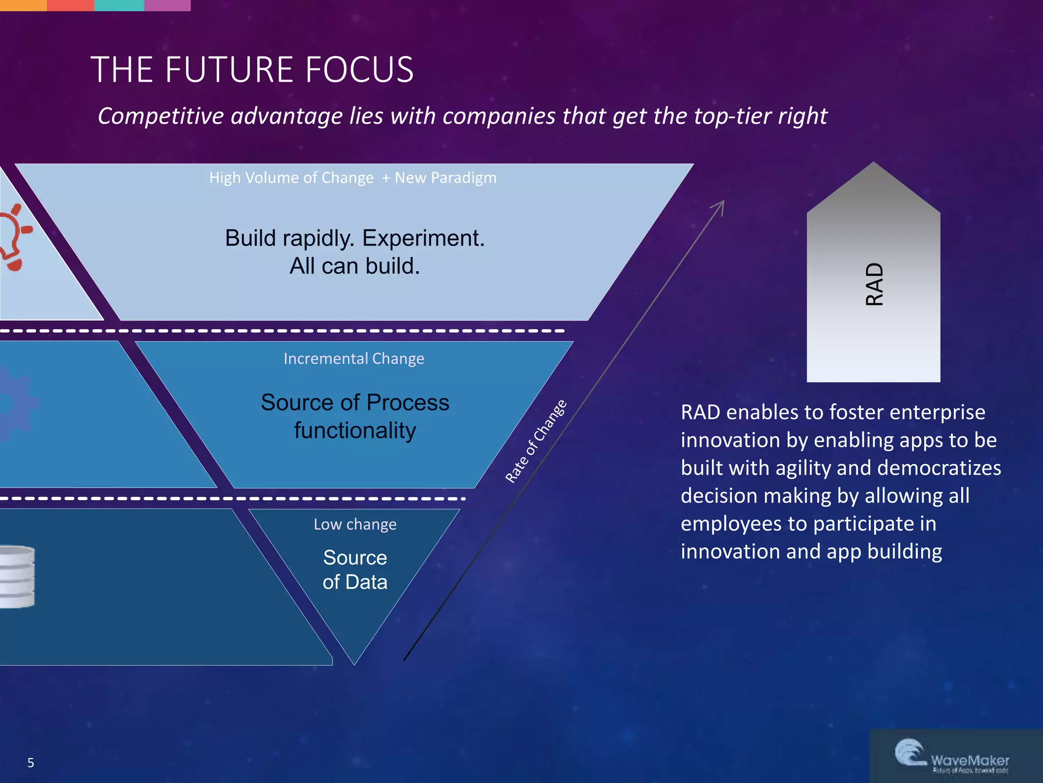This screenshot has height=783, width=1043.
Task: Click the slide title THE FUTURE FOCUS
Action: pos(252,70)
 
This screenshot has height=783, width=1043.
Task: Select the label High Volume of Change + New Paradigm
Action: pos(352,178)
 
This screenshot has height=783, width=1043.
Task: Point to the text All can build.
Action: pos(354,266)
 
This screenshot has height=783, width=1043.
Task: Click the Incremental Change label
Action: pos(353,359)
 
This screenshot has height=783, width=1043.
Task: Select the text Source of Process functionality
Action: pos(354,416)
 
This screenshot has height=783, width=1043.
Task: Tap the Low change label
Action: pos(354,525)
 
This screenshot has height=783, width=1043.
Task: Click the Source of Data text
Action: pos(354,570)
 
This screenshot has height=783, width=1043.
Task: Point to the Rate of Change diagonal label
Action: pos(535,441)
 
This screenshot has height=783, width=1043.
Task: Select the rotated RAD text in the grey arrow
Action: pos(874,284)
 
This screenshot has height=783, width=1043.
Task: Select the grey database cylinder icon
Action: pos(16,577)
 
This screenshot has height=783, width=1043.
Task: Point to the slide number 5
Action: pos(31,763)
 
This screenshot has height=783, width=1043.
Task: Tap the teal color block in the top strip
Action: pos(119,5)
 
